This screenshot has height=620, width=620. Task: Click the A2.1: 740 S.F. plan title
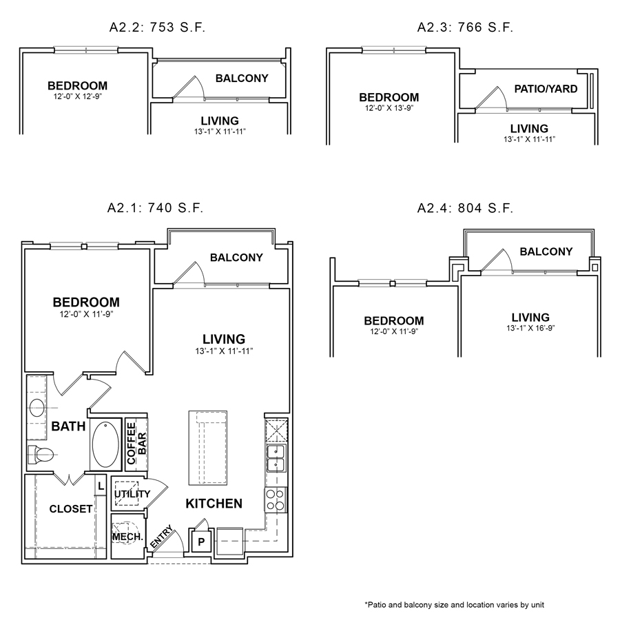[155, 207]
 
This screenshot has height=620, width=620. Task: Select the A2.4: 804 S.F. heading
[465, 207]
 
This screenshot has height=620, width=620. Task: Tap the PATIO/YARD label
[546, 89]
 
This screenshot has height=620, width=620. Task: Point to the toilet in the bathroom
[41, 455]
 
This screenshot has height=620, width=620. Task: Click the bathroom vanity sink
[37, 408]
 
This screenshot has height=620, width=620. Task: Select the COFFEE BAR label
[136, 444]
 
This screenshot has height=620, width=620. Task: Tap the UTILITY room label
[132, 494]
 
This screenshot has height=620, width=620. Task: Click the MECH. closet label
[127, 537]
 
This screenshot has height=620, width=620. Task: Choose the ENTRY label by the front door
[158, 538]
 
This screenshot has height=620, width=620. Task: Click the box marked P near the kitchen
[201, 541]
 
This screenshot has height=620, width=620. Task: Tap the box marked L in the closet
[100, 486]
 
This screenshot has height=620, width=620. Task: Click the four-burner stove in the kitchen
[276, 499]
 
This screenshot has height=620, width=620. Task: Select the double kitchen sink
[276, 457]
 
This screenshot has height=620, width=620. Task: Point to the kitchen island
[207, 448]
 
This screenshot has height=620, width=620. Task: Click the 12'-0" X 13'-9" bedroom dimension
[389, 108]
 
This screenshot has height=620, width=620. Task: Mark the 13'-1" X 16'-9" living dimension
[530, 328]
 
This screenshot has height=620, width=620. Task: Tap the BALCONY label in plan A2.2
[241, 79]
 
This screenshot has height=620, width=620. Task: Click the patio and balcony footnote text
[455, 604]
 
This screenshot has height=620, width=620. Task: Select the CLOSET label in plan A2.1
[71, 509]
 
